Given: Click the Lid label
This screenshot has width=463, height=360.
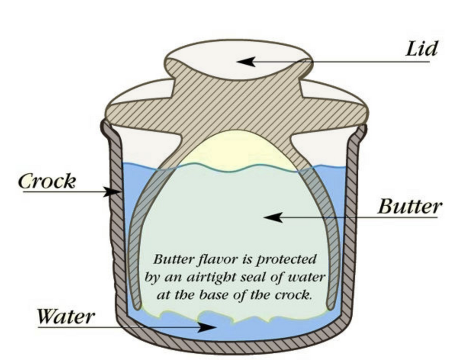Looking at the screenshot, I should coord(421,48).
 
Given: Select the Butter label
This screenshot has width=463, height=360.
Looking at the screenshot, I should coord(410,207).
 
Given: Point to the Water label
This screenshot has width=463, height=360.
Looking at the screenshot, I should coord(66,316).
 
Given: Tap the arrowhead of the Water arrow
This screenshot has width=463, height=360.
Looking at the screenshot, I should coord(208,327).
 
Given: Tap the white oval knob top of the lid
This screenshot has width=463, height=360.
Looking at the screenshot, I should coord(238,59).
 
